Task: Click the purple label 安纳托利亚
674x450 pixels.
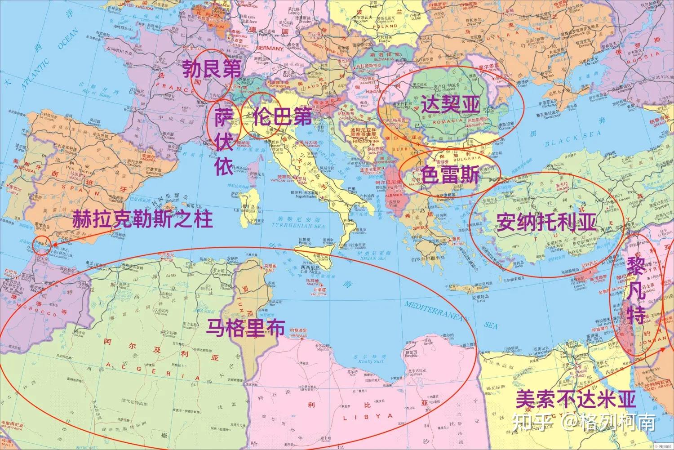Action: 546,222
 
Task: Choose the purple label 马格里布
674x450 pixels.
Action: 245,327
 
